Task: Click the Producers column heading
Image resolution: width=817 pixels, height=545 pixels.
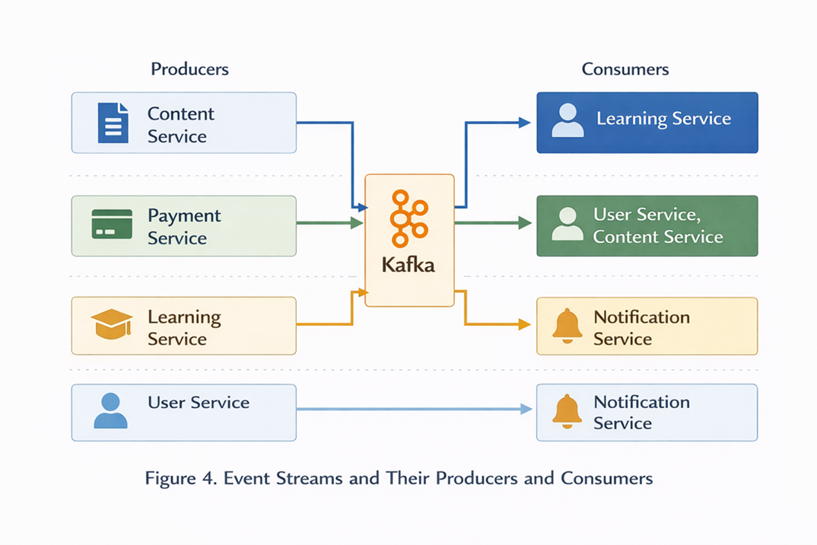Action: pyautogui.click(x=189, y=69)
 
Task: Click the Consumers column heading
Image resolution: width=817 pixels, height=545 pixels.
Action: pyautogui.click(x=625, y=69)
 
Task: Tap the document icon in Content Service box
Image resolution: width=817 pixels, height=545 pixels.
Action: pyautogui.click(x=113, y=123)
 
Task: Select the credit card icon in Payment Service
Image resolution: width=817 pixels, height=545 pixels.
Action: pyautogui.click(x=112, y=225)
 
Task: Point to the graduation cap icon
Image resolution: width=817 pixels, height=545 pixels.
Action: pyautogui.click(x=112, y=324)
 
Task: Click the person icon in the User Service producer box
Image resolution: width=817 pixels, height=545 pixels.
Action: pyautogui.click(x=110, y=411)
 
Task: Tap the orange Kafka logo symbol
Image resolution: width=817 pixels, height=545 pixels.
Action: pyautogui.click(x=408, y=219)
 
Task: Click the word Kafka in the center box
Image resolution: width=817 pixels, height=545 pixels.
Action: pyautogui.click(x=408, y=266)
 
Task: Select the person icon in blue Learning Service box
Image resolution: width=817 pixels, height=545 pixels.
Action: pyautogui.click(x=567, y=121)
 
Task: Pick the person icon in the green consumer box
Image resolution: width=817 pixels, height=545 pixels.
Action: pyautogui.click(x=567, y=225)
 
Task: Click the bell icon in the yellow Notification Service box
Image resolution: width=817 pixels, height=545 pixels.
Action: pyautogui.click(x=567, y=326)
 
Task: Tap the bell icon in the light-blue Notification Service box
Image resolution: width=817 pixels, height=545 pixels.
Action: pyautogui.click(x=567, y=412)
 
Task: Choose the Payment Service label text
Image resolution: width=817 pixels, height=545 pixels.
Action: pyautogui.click(x=184, y=227)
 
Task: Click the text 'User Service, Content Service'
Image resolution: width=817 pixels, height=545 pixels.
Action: pyautogui.click(x=658, y=226)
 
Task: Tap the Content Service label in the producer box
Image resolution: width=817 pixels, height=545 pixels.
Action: pyautogui.click(x=181, y=125)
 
